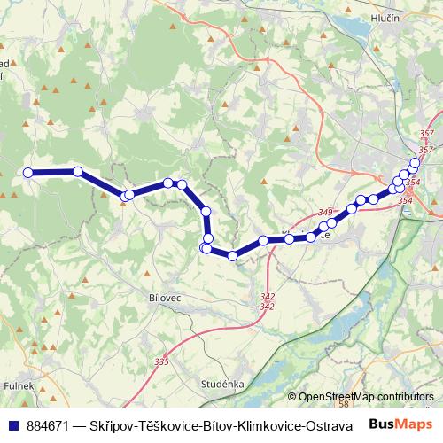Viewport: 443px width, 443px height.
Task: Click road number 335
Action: [161, 361]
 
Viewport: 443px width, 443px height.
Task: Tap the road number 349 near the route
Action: [323, 213]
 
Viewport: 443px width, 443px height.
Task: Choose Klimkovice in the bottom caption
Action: [268, 425]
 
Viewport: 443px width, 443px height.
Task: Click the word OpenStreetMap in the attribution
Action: [337, 397]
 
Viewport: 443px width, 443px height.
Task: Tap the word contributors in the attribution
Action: [405, 397]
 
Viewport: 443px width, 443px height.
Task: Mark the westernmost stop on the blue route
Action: [27, 172]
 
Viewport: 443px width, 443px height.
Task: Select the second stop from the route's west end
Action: [78, 172]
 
